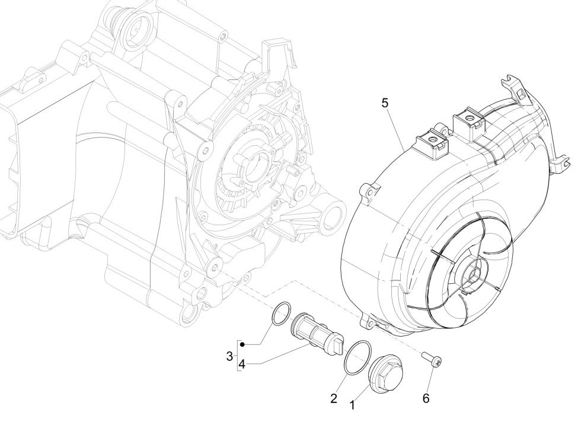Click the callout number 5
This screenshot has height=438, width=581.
(385, 103)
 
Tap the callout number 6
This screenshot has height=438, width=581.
(426, 398)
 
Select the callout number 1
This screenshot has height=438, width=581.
(352, 405)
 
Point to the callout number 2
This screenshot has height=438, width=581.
(334, 398)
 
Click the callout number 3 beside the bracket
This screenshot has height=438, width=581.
(229, 356)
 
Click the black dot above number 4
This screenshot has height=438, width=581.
(242, 344)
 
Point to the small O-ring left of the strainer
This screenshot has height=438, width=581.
(281, 314)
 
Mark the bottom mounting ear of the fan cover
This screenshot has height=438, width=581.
(372, 322)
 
